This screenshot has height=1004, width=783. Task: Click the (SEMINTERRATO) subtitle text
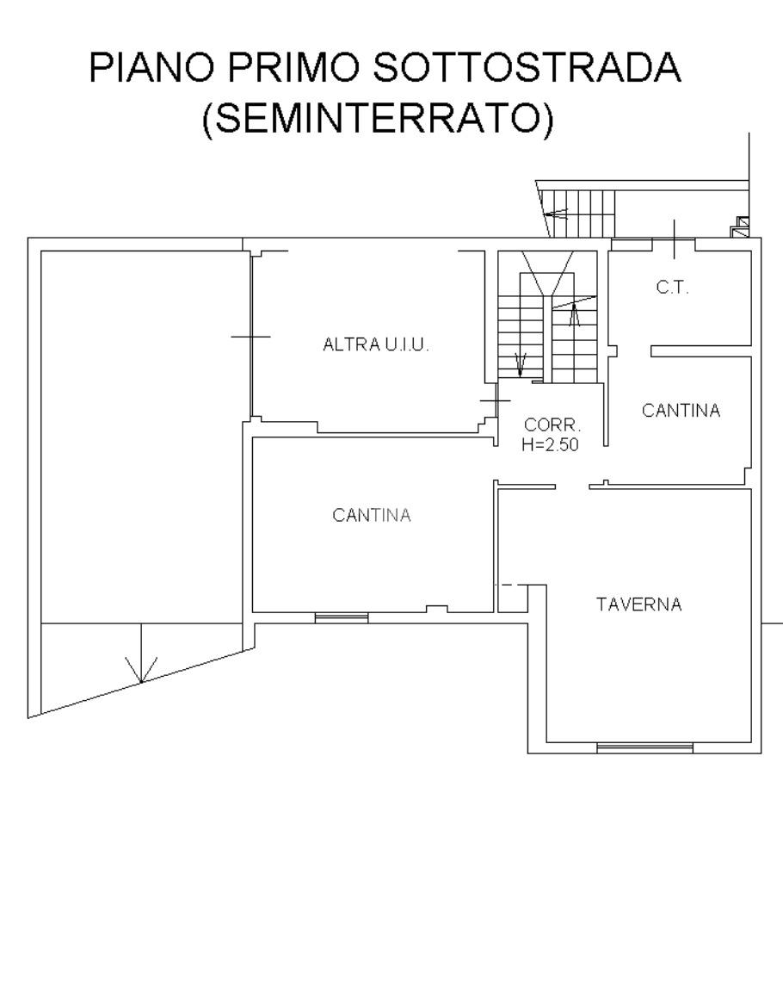(378, 118)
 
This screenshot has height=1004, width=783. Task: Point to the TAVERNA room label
(639, 604)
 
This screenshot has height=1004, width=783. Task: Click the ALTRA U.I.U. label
(376, 345)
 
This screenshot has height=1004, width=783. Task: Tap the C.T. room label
(672, 288)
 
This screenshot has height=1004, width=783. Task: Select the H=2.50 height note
(550, 444)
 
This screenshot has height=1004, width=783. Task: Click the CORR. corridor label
(552, 425)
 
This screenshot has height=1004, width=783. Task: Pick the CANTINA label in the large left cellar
(372, 516)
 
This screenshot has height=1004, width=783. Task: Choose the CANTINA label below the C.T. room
(681, 411)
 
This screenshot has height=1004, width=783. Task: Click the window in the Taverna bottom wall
(644, 747)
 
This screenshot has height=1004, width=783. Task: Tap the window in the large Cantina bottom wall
(342, 617)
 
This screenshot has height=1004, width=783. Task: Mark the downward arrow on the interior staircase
(520, 363)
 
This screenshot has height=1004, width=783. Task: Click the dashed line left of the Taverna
(514, 585)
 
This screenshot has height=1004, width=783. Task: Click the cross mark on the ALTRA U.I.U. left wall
(250, 336)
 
